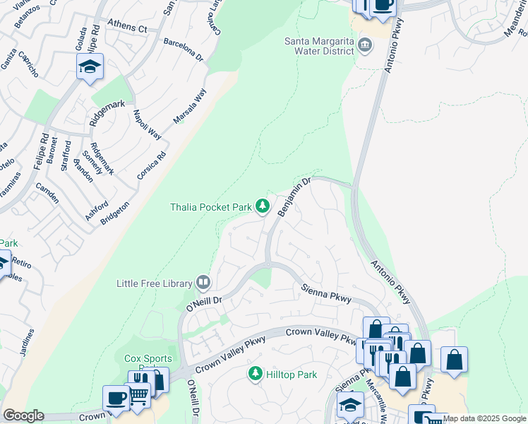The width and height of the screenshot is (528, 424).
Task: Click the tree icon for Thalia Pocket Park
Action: point(263,206)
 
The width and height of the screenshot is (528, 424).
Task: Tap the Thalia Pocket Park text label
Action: point(211,207)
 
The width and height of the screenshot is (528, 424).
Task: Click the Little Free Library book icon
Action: point(203,283)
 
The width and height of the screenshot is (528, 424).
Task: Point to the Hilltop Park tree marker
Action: point(256,373)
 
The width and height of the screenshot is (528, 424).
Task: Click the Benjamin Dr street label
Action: point(294,198)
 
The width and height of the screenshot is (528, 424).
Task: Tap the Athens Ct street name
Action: point(127,28)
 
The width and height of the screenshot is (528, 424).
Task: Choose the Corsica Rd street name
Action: point(152,164)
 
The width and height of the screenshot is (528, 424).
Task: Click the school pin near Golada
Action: point(90,67)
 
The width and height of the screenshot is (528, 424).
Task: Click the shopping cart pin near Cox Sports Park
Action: point(138,396)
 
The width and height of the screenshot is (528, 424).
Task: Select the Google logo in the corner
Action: point(23,416)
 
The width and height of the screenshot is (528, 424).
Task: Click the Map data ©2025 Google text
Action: point(484,418)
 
